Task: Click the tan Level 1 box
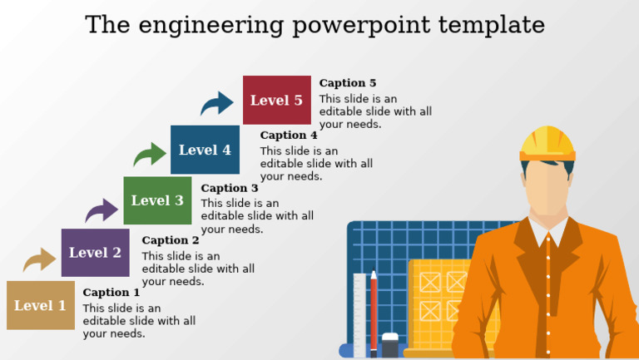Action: pyautogui.click(x=40, y=305)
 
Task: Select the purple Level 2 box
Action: pyautogui.click(x=95, y=253)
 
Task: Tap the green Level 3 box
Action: pyautogui.click(x=157, y=200)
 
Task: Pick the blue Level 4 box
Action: pyautogui.click(x=205, y=150)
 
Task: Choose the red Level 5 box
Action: pyautogui.click(x=276, y=100)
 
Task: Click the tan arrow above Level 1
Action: pyautogui.click(x=39, y=260)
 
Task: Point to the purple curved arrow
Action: pyautogui.click(x=102, y=210)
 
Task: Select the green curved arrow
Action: pyautogui.click(x=150, y=155)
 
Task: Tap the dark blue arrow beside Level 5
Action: pyautogui.click(x=217, y=104)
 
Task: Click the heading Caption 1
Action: pyautogui.click(x=111, y=293)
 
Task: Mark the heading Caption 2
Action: pyautogui.click(x=171, y=241)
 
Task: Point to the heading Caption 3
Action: pyautogui.click(x=230, y=189)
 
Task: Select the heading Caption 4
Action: pyautogui.click(x=289, y=136)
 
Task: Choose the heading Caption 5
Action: pyautogui.click(x=348, y=83)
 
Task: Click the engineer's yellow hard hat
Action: pyautogui.click(x=547, y=143)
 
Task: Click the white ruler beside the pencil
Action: pyautogui.click(x=359, y=316)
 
